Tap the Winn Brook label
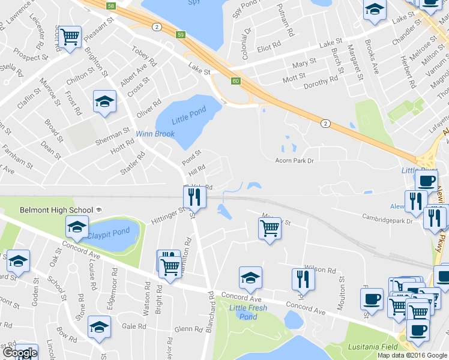pyautogui.click(x=154, y=134)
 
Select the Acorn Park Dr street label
pyautogui.click(x=295, y=160)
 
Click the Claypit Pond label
pyautogui.click(x=109, y=232)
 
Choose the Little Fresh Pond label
pyautogui.click(x=248, y=312)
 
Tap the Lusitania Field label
pyautogui.click(x=372, y=347)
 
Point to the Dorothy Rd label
pyautogui.click(x=324, y=82)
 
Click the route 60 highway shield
pyautogui.click(x=235, y=80)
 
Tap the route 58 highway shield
pyautogui.click(x=110, y=6)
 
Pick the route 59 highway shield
pyautogui.click(x=180, y=36)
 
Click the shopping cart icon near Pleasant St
pyautogui.click(x=70, y=37)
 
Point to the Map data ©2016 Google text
pyautogui.click(x=412, y=355)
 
